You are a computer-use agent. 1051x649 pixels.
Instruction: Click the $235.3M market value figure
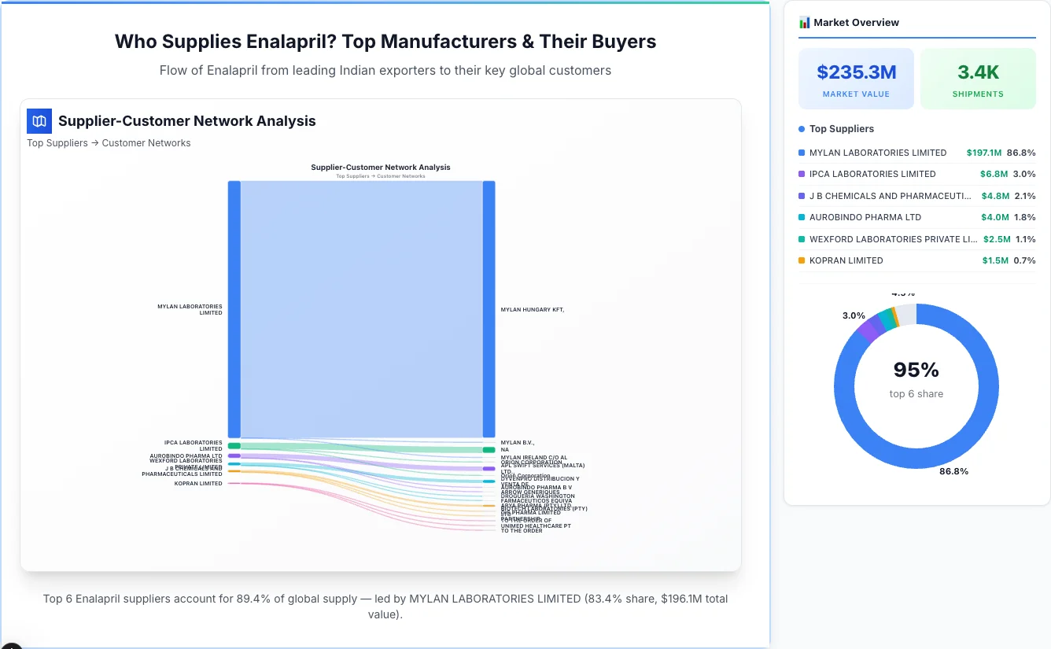click(856, 72)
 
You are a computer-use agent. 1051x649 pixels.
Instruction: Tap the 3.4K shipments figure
click(978, 72)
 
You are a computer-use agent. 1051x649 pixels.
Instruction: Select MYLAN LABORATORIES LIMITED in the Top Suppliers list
click(877, 153)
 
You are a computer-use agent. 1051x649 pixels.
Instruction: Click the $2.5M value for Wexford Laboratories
click(995, 239)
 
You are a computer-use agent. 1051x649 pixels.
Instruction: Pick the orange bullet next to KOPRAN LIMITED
click(802, 260)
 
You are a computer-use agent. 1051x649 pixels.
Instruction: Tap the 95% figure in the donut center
click(916, 370)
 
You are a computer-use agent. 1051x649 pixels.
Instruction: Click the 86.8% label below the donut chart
click(953, 471)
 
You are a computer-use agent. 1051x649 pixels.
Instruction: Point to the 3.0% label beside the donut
click(854, 315)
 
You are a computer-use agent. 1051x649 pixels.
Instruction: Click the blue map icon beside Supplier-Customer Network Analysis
click(39, 121)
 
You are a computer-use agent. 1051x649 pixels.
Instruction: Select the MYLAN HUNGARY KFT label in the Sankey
click(532, 310)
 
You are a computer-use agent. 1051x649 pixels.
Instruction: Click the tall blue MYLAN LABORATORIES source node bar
click(234, 308)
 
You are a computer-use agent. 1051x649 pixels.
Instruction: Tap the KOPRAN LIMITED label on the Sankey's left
click(198, 484)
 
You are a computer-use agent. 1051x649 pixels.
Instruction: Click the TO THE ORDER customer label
click(522, 531)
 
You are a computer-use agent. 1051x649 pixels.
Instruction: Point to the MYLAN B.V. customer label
click(517, 443)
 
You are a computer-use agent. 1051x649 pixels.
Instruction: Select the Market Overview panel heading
click(856, 23)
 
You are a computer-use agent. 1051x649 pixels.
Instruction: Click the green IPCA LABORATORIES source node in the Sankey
click(234, 446)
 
